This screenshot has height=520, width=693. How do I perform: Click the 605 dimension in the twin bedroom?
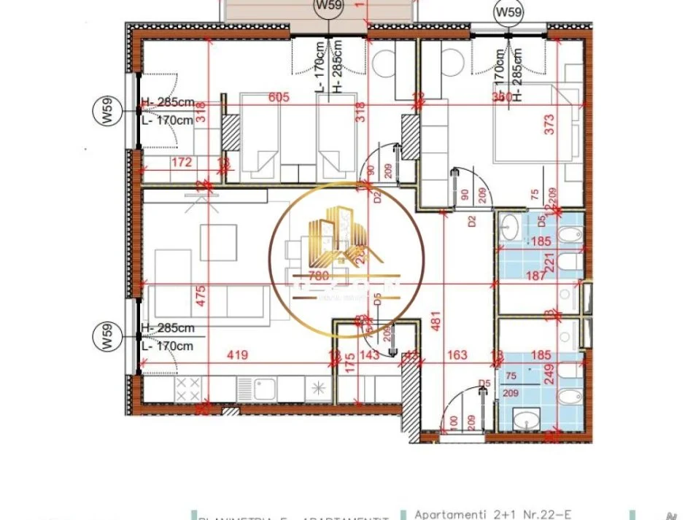point(279,97)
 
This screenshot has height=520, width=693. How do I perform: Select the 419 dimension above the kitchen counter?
point(238,355)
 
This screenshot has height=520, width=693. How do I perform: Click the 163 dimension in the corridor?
point(457,355)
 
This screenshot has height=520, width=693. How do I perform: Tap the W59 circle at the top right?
point(508,12)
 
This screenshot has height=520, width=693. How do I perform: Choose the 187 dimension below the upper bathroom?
point(535,275)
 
